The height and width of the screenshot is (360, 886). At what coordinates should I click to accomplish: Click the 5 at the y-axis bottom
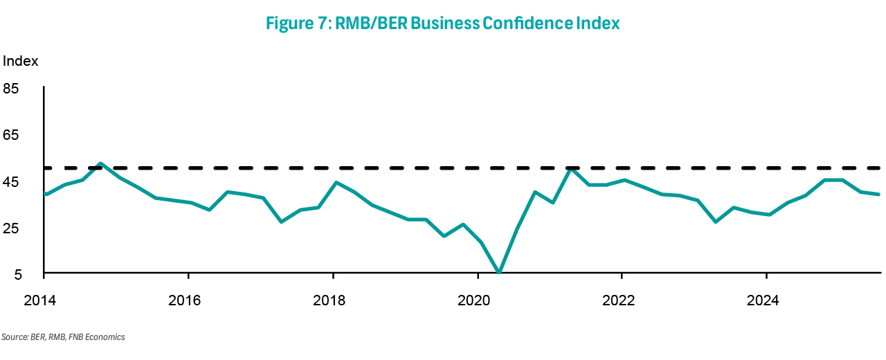(x=15, y=275)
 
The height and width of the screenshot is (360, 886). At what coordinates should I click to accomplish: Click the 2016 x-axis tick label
(x=188, y=301)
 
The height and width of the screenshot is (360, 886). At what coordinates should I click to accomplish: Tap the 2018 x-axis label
(x=333, y=301)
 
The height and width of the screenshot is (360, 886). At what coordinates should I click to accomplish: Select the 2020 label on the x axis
(x=478, y=301)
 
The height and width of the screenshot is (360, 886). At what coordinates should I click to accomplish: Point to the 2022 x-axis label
(x=622, y=301)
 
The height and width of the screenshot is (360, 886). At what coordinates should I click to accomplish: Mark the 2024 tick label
(x=767, y=301)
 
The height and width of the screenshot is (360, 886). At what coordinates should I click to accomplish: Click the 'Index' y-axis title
(x=21, y=61)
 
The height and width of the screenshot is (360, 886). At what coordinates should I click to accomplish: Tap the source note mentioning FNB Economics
(x=63, y=337)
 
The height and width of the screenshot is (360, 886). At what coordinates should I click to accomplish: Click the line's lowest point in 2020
(x=499, y=273)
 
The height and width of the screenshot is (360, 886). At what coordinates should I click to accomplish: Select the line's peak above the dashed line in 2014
(x=101, y=163)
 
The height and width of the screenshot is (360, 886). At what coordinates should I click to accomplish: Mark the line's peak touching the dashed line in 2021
(x=569, y=168)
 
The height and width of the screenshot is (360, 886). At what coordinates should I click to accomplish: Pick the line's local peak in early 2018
(x=336, y=182)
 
